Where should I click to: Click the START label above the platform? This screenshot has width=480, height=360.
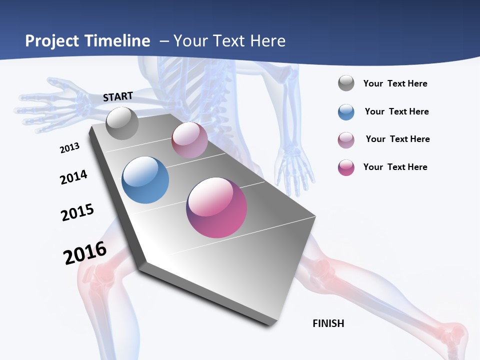pyautogui.click(x=118, y=96)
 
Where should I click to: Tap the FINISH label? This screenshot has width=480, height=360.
pyautogui.click(x=328, y=323)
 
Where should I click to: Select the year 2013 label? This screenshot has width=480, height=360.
pyautogui.click(x=69, y=148)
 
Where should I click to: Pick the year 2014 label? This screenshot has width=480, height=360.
pyautogui.click(x=73, y=177)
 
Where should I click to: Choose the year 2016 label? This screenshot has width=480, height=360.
pyautogui.click(x=85, y=253)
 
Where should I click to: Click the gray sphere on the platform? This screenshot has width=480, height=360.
pyautogui.click(x=122, y=123)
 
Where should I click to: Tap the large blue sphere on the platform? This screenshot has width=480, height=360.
pyautogui.click(x=145, y=180)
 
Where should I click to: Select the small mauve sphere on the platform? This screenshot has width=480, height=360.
pyautogui.click(x=189, y=140)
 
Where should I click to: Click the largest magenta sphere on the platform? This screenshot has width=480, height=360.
pyautogui.click(x=216, y=207)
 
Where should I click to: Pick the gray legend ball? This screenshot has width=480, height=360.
pyautogui.click(x=346, y=83)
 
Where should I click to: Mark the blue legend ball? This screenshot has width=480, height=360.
pyautogui.click(x=346, y=111)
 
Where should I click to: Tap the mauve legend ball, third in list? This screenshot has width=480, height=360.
pyautogui.click(x=346, y=139)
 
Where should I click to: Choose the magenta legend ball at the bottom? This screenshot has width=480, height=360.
pyautogui.click(x=346, y=167)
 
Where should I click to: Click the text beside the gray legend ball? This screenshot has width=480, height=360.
pyautogui.click(x=395, y=83)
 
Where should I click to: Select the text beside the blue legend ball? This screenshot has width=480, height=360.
pyautogui.click(x=396, y=111)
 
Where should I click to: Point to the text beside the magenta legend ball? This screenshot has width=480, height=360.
pyautogui.click(x=395, y=167)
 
